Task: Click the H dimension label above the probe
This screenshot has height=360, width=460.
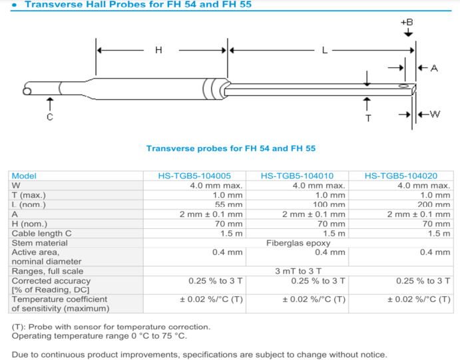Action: click(x=158, y=50)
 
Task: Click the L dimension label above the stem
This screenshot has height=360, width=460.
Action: click(x=324, y=51)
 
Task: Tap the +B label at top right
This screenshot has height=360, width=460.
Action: click(x=407, y=22)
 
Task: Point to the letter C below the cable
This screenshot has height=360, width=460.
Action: click(x=50, y=117)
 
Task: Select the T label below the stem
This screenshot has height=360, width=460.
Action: click(x=368, y=118)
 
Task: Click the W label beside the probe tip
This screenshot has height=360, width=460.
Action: click(x=435, y=114)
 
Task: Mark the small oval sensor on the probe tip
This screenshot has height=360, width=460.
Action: click(x=403, y=86)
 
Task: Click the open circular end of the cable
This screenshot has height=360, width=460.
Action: click(x=27, y=91)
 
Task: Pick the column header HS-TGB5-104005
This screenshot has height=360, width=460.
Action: click(x=194, y=176)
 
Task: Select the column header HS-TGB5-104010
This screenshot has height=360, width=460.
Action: click(x=297, y=176)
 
